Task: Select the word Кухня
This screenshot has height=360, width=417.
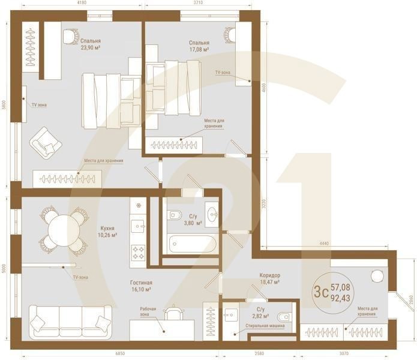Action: (x=109, y=228)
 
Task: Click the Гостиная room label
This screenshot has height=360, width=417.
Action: (x=141, y=282)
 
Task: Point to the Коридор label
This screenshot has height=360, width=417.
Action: (x=269, y=275)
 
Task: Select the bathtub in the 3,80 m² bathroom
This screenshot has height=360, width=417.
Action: (x=191, y=244)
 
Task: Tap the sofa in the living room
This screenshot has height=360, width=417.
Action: (x=70, y=321)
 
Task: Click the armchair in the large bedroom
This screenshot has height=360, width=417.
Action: (x=46, y=142)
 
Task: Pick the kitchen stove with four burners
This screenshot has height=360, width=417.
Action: (x=139, y=253)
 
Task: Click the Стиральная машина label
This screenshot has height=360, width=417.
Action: (x=265, y=326)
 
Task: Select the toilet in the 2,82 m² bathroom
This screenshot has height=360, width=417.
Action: (x=285, y=314)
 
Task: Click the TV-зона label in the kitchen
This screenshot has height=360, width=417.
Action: (x=80, y=277)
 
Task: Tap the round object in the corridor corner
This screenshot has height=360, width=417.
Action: (x=377, y=275)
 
